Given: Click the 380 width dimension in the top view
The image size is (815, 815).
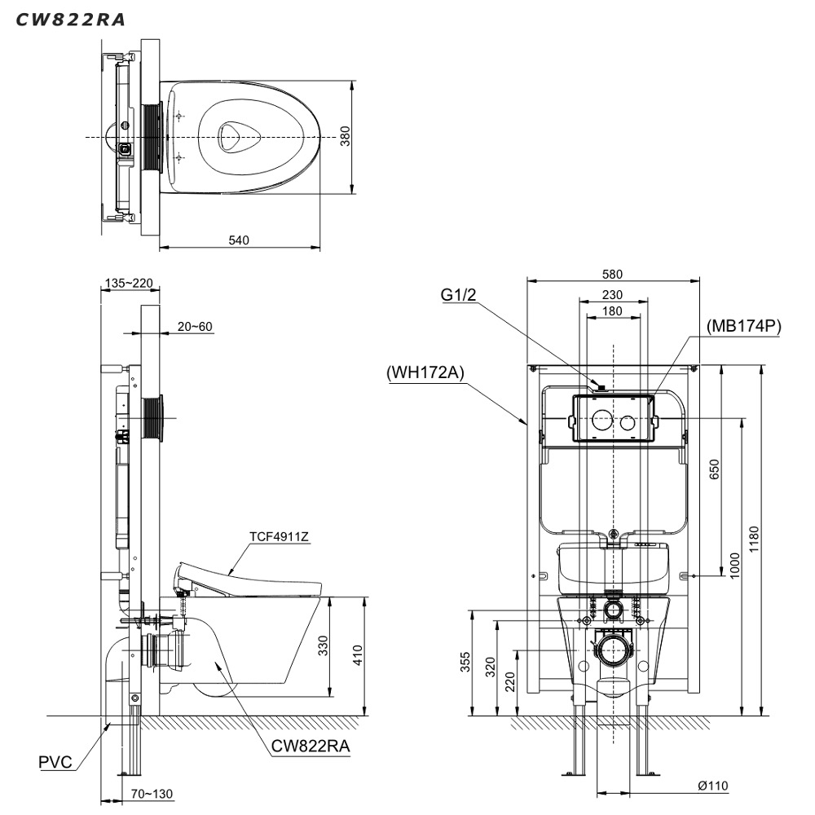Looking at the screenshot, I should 345,136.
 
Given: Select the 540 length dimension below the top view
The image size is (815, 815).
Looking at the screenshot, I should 238,240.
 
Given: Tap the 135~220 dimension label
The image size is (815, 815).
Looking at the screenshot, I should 129,283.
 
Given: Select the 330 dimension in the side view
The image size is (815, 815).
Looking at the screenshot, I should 324,646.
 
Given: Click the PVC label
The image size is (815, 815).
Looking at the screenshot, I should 55,763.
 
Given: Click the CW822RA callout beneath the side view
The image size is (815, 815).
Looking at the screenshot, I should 306,744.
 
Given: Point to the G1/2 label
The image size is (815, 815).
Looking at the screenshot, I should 460,295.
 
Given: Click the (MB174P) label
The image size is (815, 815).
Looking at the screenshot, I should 744,326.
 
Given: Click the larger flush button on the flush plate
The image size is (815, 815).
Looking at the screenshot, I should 601,421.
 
